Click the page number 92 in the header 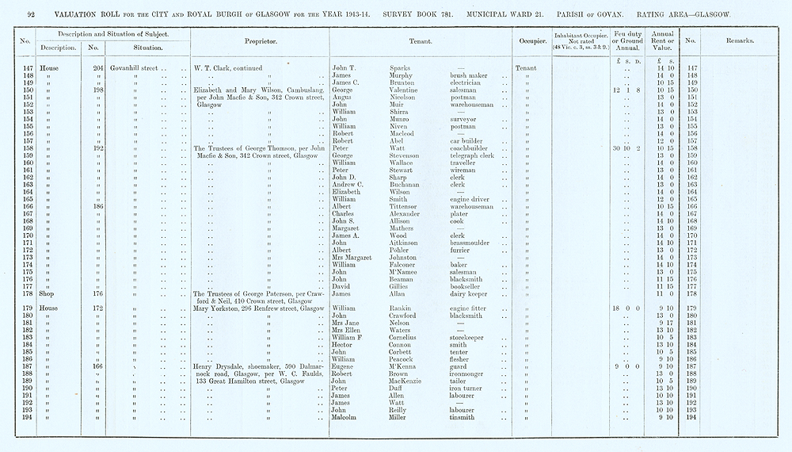pos(31,14)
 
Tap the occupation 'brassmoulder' pos(474,243)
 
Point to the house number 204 pos(99,68)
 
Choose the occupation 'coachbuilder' pos(472,148)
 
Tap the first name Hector pos(343,344)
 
